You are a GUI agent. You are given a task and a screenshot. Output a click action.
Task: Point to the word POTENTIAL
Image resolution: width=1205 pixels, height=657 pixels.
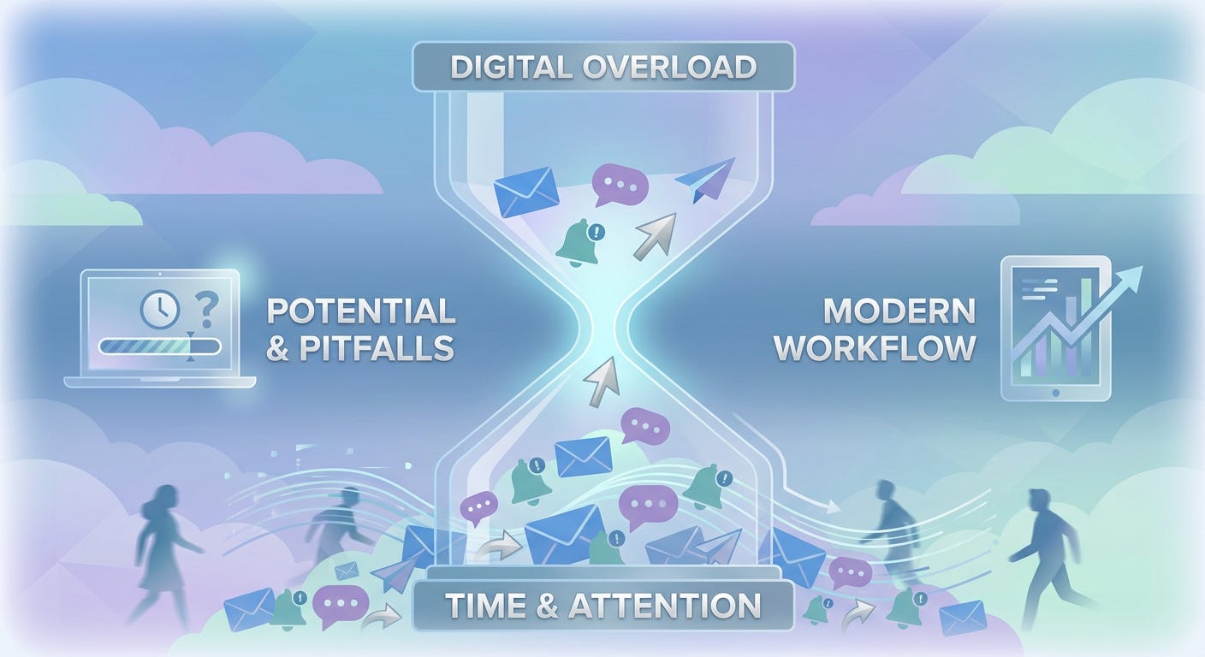361,311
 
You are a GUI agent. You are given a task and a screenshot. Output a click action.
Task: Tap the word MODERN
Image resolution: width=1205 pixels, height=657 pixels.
899,311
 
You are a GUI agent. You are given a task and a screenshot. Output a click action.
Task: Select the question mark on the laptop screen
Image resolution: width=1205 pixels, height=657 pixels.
205,306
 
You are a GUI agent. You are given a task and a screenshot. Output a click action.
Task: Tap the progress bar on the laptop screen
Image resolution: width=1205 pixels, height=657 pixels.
160,346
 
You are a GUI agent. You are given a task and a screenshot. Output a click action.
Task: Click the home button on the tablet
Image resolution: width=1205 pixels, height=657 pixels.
1055,393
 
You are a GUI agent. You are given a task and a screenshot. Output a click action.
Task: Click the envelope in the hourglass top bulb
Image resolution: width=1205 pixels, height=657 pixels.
526,192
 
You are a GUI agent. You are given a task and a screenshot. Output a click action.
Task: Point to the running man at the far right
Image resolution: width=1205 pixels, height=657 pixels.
1046,547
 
